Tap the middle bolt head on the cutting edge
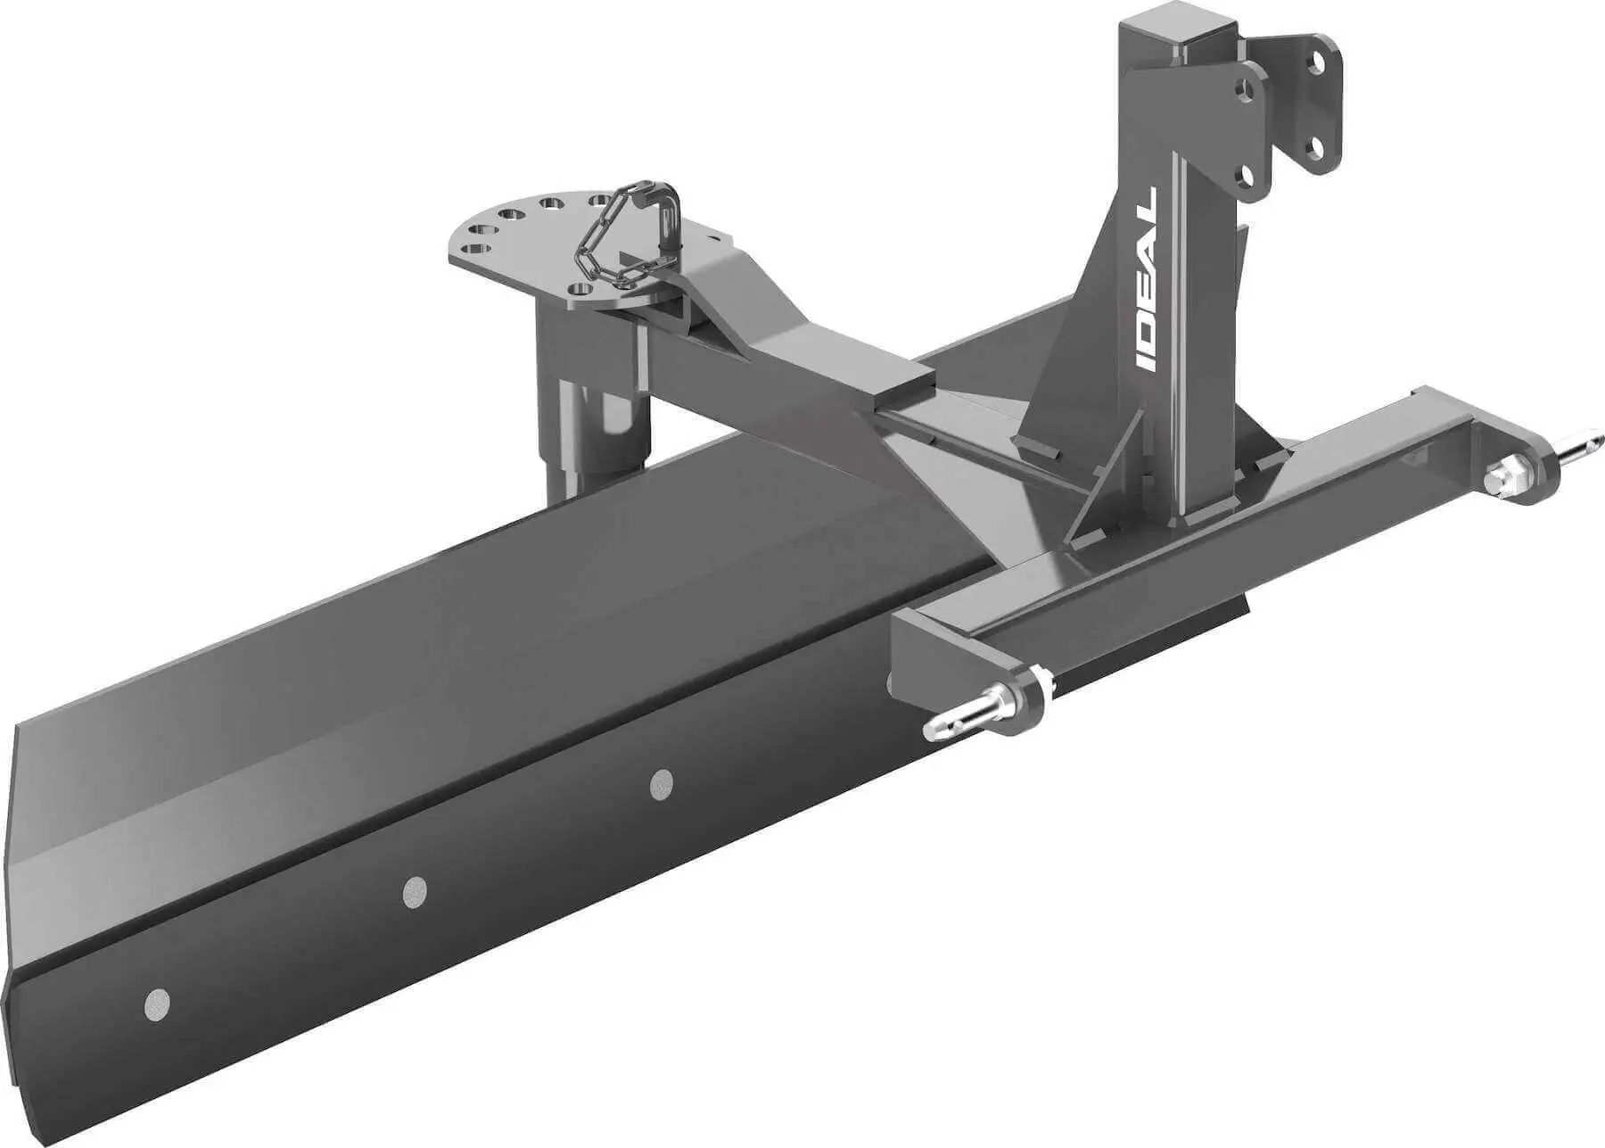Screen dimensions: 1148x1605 tap(414, 891)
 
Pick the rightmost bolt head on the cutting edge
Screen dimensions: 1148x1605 tap(661, 783)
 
